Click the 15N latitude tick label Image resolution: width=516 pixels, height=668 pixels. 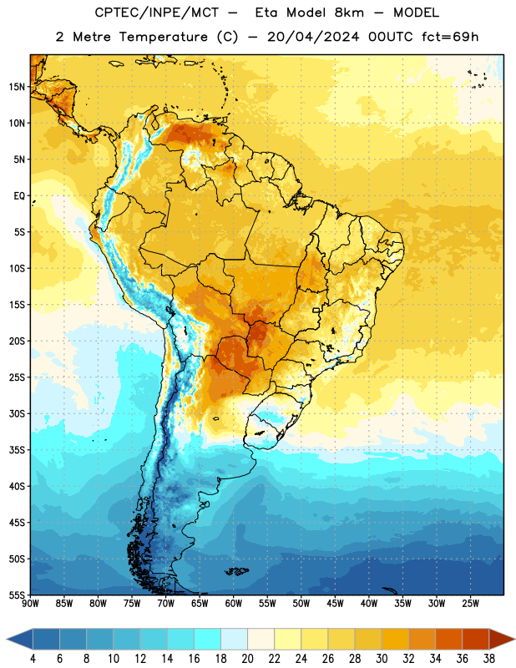coord(17,87)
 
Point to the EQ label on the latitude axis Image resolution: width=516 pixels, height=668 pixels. coord(19,196)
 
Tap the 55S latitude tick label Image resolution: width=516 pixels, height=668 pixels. coord(17,595)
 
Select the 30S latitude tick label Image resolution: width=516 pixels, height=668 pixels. coord(17,413)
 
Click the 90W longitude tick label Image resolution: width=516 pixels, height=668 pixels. coord(30,604)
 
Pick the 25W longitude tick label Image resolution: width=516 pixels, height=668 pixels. coord(470,604)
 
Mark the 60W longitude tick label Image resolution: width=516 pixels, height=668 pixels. coord(234,604)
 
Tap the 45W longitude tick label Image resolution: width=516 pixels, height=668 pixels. coord(336,604)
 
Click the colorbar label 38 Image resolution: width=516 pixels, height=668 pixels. coord(488,659)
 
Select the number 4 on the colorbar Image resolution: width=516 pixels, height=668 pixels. coord(33,659)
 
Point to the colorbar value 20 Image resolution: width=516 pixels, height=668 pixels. coord(247,659)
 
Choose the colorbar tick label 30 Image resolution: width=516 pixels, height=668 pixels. coord(382,659)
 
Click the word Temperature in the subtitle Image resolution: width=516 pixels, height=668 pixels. coord(163,37)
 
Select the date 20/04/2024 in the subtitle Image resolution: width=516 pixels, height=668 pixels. coord(313,37)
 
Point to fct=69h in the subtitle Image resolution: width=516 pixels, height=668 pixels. coord(450,37)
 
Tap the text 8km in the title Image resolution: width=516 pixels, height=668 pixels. coord(349,13)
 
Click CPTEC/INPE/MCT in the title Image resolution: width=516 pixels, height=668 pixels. coord(156,13)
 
